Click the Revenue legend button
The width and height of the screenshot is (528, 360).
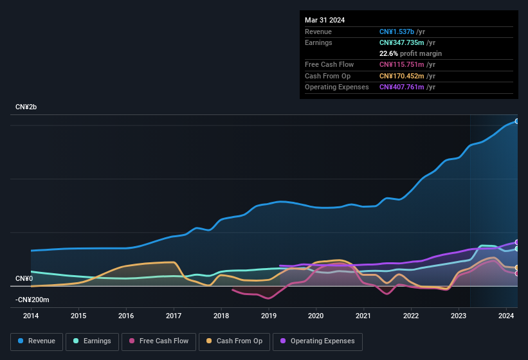tap(37, 341)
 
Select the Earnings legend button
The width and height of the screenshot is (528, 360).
tap(92, 341)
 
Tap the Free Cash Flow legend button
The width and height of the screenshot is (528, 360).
tap(159, 341)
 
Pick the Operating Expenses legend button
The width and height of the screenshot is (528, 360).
tap(318, 341)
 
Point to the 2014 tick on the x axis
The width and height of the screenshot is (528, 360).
tap(31, 316)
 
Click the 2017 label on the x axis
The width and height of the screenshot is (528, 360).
tap(174, 316)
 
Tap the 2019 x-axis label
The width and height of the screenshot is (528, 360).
tap(269, 316)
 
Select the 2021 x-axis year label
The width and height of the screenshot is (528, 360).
tap(363, 316)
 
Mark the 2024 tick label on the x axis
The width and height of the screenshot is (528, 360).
tap(506, 316)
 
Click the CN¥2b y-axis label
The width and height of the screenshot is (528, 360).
tap(26, 107)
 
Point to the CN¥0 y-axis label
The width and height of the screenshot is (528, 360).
tap(24, 278)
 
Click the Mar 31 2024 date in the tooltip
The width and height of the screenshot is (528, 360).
tap(325, 20)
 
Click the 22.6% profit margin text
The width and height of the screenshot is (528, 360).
tap(410, 53)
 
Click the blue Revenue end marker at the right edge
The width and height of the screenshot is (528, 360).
tap(517, 121)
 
